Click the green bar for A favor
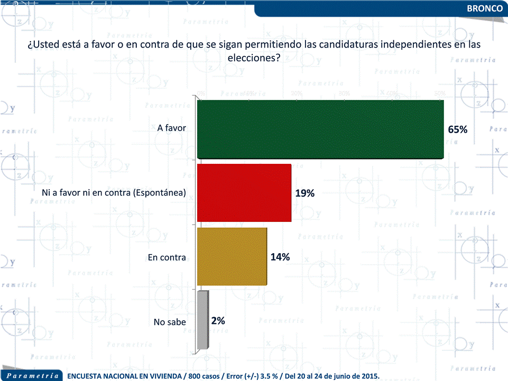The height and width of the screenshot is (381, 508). [x=320, y=129]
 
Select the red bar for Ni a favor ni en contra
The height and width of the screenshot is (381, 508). [x=244, y=193]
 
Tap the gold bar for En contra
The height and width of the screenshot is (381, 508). [x=232, y=257]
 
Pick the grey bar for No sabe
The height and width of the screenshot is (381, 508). [x=202, y=320]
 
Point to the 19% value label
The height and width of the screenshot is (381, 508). [x=305, y=193]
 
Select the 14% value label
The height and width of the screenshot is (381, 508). [x=280, y=257]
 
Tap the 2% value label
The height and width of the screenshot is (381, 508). [x=218, y=321]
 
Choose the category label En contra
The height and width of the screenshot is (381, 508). [x=167, y=258]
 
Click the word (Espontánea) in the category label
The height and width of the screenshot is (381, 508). [x=160, y=193]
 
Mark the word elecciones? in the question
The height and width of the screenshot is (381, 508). [x=254, y=58]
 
